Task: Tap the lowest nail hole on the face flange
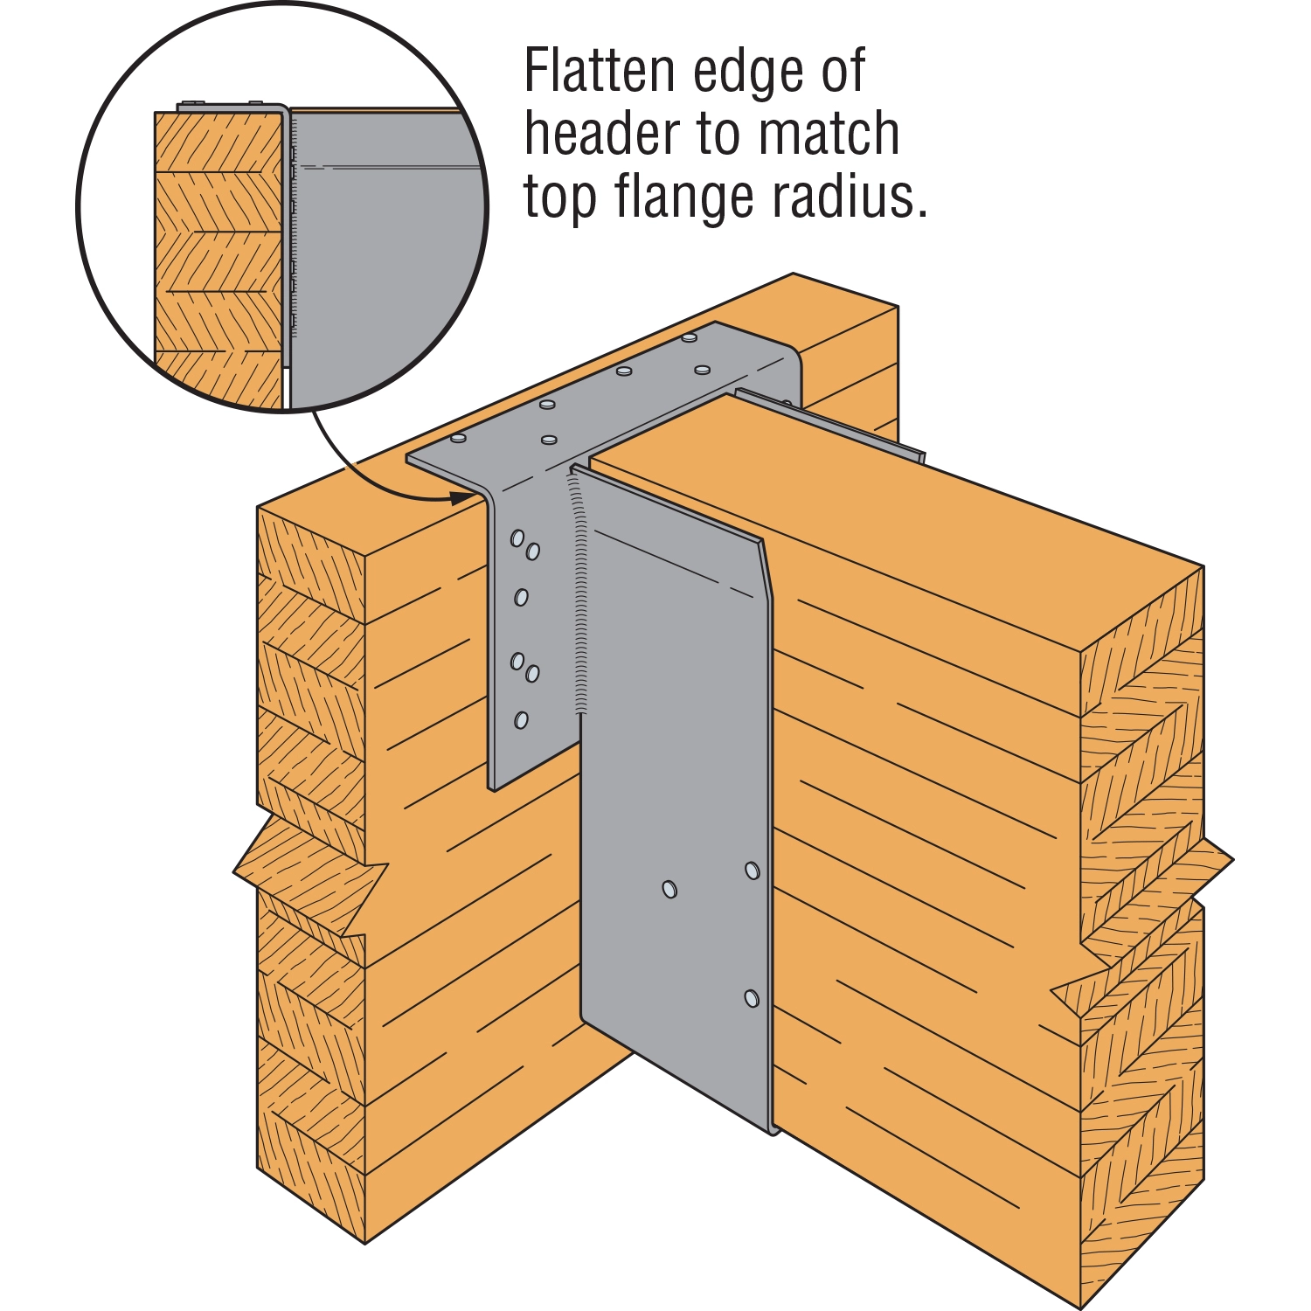pyautogui.click(x=521, y=720)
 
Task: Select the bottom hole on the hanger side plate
pyautogui.click(x=751, y=998)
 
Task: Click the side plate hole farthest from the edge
pyautogui.click(x=669, y=889)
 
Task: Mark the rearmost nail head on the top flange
pyautogui.click(x=690, y=336)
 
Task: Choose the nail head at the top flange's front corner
pyautogui.click(x=458, y=439)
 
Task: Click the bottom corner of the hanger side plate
pyautogui.click(x=773, y=1131)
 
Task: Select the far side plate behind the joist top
pyautogui.click(x=839, y=424)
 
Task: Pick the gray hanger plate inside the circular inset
pyautogui.click(x=385, y=262)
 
